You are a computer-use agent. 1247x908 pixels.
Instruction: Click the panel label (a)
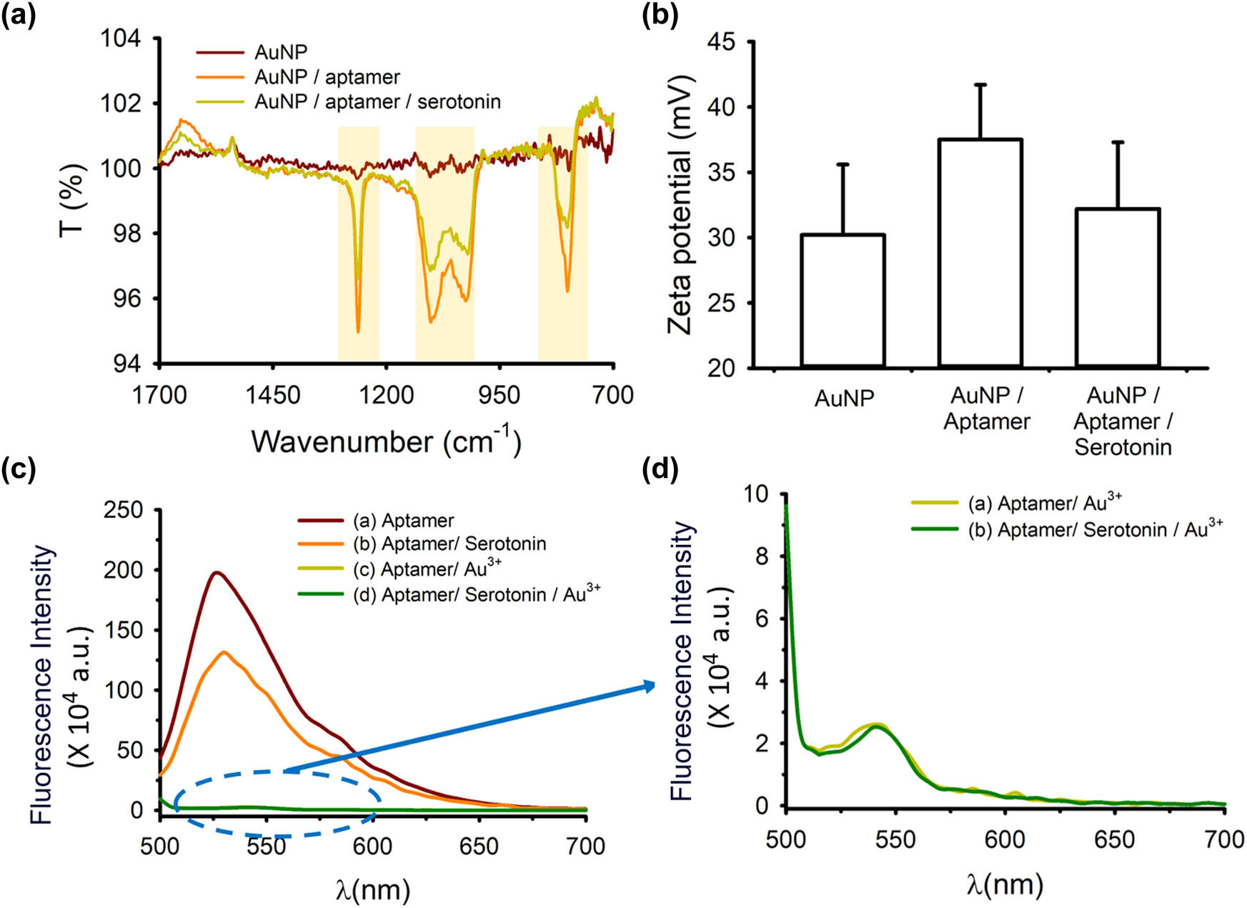click(x=19, y=14)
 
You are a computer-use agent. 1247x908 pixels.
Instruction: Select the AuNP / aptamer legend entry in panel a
click(x=327, y=77)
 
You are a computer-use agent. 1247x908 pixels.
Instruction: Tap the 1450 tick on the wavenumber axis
click(x=272, y=394)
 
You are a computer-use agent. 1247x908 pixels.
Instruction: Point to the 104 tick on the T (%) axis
click(x=121, y=38)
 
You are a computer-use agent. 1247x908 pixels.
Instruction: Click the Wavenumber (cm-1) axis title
click(x=386, y=441)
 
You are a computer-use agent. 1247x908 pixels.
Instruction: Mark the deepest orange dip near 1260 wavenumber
click(x=358, y=331)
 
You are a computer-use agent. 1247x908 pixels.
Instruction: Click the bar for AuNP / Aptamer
click(x=980, y=254)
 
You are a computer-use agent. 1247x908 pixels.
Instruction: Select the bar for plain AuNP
click(x=843, y=300)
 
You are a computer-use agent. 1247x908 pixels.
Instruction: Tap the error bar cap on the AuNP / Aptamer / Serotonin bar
click(x=1118, y=142)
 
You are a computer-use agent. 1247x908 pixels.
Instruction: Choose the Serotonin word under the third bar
click(x=1123, y=447)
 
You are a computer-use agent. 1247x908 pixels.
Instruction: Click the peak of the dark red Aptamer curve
click(x=216, y=572)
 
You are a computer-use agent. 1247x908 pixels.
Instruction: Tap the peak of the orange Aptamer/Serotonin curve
click(x=224, y=652)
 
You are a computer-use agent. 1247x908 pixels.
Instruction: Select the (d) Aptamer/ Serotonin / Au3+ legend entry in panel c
click(x=476, y=594)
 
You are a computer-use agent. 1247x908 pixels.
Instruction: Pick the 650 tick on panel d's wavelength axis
click(x=1114, y=839)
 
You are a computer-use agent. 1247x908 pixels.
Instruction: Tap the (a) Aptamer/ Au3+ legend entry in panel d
click(x=1045, y=503)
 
